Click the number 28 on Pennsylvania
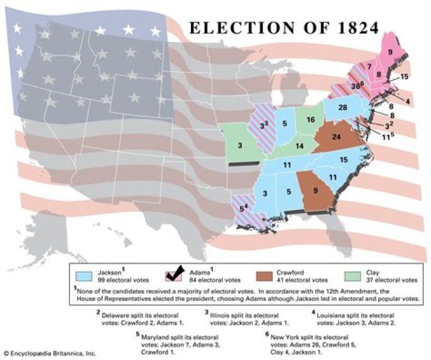click(x=342, y=108)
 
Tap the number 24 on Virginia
click(x=336, y=137)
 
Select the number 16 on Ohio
click(x=311, y=120)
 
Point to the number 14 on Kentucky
click(x=299, y=146)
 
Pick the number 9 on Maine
click(x=390, y=52)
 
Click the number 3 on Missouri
click(x=239, y=145)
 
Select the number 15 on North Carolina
click(x=344, y=160)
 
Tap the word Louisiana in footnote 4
click(x=333, y=313)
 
